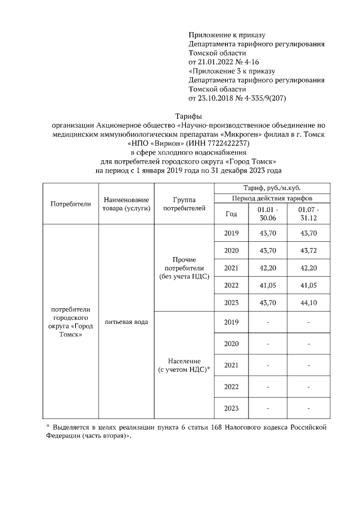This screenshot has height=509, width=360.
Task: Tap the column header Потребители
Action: click(70, 204)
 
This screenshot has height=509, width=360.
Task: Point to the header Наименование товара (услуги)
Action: click(126, 204)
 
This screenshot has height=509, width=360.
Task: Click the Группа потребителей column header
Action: click(184, 204)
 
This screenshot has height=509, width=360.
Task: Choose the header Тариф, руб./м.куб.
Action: click(271, 188)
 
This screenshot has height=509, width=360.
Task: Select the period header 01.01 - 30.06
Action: click(265, 214)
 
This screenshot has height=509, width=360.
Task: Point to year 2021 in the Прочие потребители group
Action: click(231, 268)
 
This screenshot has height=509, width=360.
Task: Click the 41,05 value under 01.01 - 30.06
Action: click(265, 286)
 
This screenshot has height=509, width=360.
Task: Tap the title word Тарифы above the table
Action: click(187, 115)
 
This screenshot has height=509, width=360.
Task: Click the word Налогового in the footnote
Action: click(242, 428)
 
